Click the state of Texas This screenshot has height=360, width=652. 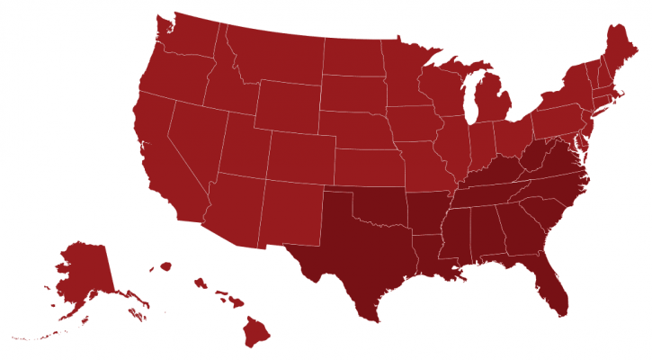coord(360,247)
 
